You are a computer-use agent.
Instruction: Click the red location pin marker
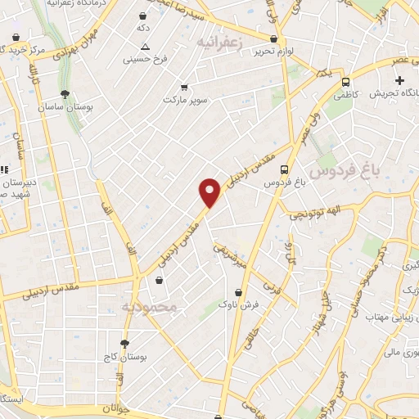coord(210,192)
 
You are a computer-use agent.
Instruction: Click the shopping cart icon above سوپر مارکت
coord(184,86)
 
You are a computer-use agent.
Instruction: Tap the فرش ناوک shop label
coord(238,304)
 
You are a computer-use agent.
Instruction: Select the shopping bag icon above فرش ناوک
coord(238,291)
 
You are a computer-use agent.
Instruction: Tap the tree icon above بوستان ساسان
coord(65,93)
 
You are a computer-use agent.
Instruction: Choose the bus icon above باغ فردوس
coord(284,169)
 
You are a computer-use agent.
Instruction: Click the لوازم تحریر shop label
coord(273,51)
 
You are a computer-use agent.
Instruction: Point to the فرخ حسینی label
coord(145,59)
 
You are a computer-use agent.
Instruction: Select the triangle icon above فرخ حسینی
coord(145,47)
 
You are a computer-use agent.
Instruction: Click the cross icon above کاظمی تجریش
coord(399,80)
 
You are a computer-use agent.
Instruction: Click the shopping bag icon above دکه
coord(144,16)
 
